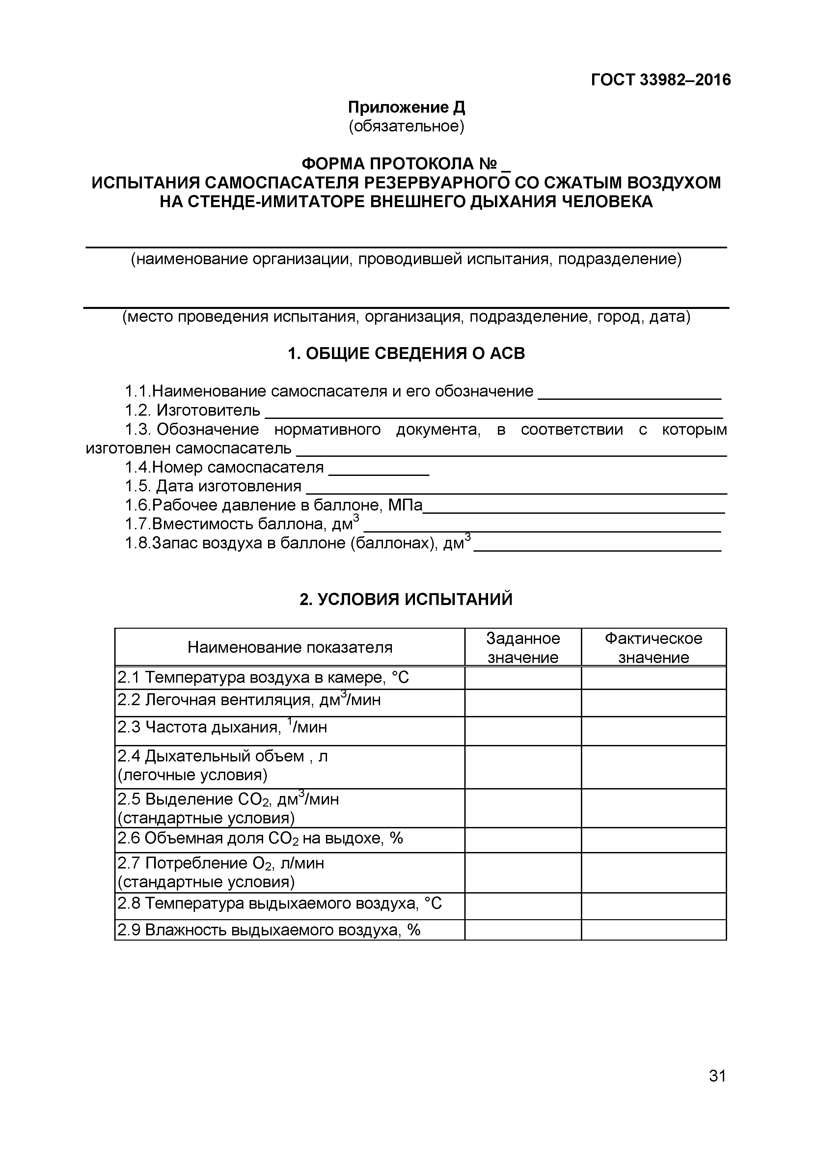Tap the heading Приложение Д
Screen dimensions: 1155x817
[407, 107]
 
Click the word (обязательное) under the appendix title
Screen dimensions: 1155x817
[407, 126]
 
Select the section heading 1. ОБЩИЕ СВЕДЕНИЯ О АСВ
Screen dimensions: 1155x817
[406, 354]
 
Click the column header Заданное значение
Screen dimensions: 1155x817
[523, 648]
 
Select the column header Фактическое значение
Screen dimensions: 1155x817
[653, 648]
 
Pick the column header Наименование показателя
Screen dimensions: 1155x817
[290, 647]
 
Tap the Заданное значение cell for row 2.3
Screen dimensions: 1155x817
[523, 731]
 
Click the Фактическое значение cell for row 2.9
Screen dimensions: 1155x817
[653, 930]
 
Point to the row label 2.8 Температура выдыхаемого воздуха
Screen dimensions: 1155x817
[279, 903]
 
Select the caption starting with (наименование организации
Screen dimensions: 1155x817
[406, 259]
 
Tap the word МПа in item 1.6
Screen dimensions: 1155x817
[405, 505]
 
